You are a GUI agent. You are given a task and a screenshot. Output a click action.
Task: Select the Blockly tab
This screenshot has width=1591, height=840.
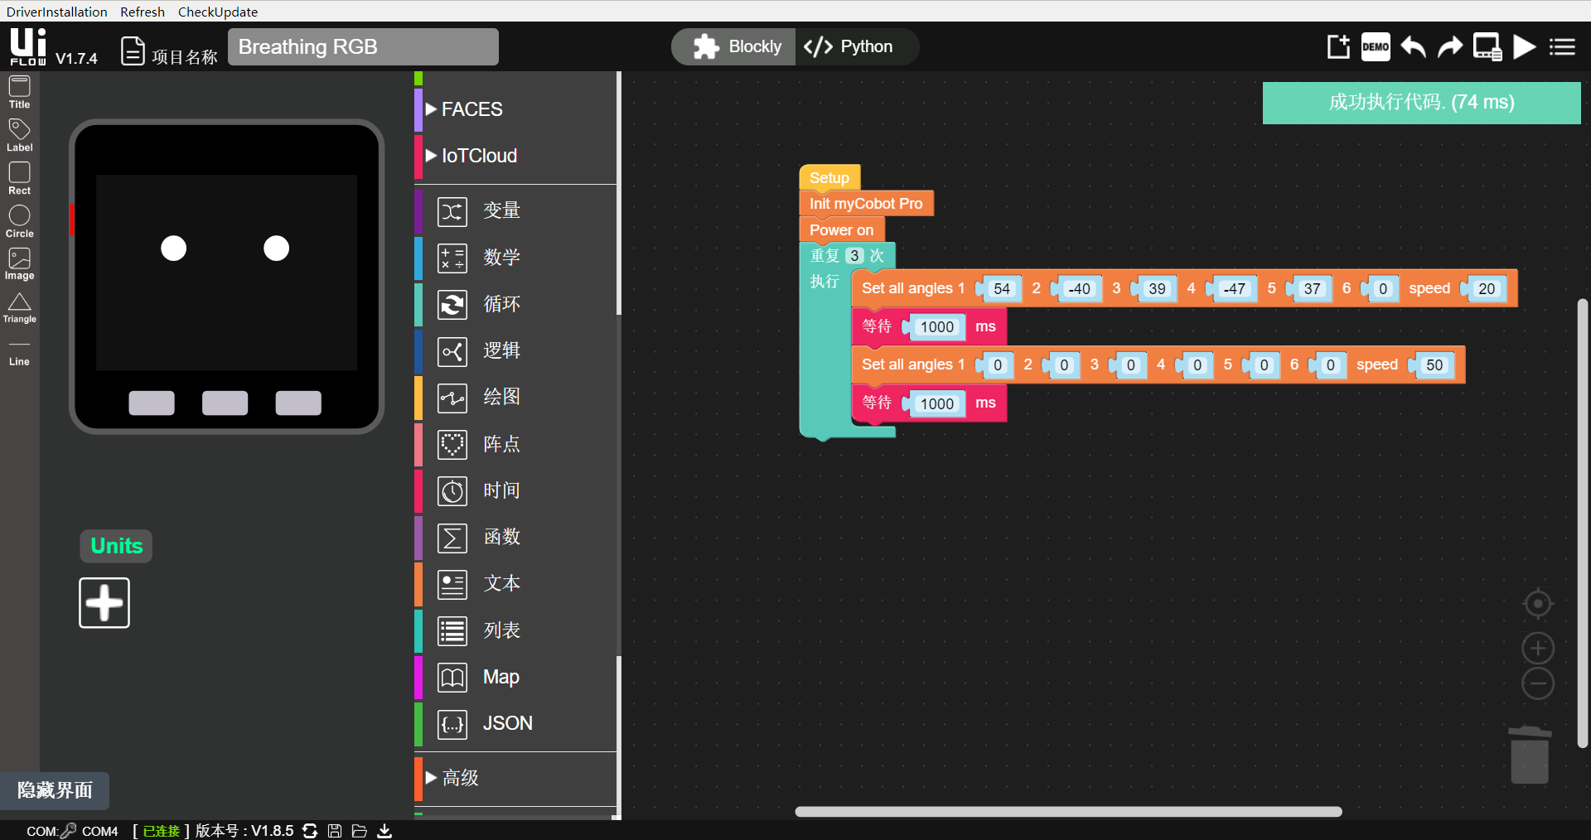click(737, 46)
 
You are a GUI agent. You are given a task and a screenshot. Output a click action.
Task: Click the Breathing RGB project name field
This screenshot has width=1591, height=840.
click(363, 46)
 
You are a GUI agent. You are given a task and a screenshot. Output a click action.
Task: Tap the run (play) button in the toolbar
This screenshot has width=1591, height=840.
click(1524, 46)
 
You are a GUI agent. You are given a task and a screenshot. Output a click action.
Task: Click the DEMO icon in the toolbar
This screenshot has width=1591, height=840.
click(1376, 46)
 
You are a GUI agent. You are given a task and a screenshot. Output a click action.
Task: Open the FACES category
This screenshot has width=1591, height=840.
click(471, 109)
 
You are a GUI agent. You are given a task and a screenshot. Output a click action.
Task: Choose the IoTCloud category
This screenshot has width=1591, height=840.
click(478, 156)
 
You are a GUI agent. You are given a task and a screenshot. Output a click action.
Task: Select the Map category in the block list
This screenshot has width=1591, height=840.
click(500, 677)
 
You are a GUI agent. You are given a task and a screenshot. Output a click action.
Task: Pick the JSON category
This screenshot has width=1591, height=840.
click(506, 723)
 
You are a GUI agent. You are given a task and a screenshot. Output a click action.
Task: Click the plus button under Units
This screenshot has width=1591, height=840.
click(104, 603)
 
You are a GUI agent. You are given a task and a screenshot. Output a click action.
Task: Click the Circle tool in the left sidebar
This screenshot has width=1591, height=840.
click(19, 221)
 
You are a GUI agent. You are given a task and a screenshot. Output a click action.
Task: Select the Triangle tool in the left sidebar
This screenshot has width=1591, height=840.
click(19, 307)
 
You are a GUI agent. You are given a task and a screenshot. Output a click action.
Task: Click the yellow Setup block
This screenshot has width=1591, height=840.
click(829, 177)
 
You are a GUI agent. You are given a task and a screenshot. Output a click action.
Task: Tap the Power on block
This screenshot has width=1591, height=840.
click(840, 229)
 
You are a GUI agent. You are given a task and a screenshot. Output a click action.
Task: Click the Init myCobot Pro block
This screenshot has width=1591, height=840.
click(865, 204)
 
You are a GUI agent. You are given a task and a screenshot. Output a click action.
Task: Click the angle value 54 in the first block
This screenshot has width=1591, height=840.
click(1001, 289)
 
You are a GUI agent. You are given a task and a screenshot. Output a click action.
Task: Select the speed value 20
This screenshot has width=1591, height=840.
click(1487, 289)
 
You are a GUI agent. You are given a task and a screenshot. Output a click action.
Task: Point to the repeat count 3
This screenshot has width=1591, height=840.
click(854, 256)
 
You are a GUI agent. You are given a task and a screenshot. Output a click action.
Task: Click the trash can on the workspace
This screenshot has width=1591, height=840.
click(1530, 755)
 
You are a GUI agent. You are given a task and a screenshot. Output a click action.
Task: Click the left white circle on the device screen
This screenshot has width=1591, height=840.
click(173, 248)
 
